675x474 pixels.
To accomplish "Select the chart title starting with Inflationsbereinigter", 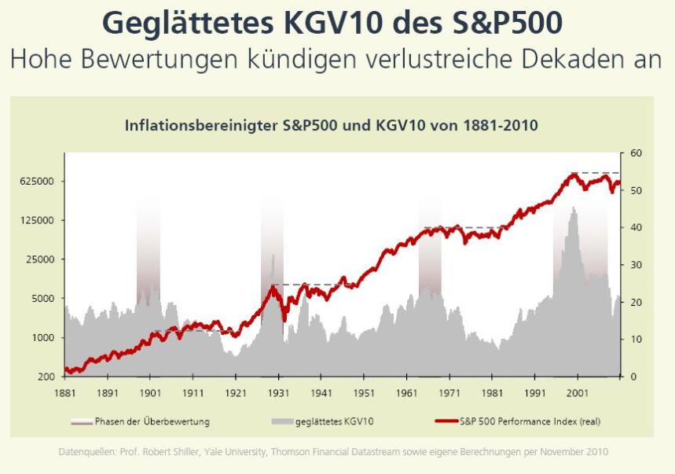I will click(331, 125).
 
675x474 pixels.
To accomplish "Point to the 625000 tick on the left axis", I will click(36, 181).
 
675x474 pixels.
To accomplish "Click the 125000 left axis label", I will click(36, 220).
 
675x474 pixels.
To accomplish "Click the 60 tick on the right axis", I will click(635, 153).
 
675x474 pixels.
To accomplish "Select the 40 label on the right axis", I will click(635, 228).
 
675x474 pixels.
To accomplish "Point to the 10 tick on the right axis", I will click(635, 340).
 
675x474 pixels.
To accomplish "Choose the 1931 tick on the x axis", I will click(277, 391).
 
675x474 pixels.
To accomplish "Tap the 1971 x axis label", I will click(448, 391).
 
